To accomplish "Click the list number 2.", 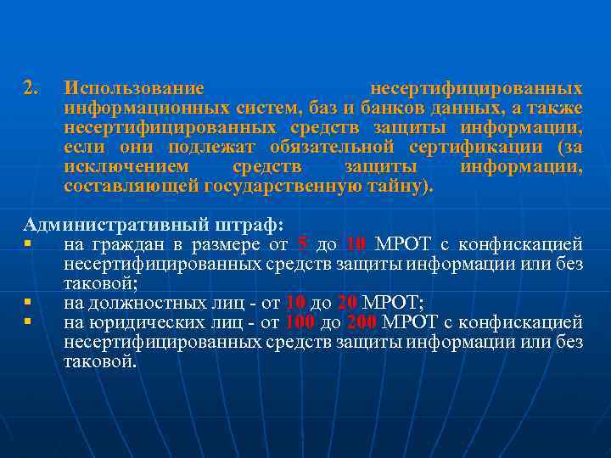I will coord(31,89).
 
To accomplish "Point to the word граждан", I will coord(125,245).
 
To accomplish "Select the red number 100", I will coord(300,322).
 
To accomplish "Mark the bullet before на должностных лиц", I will coord(28,303).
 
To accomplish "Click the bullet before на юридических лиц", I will coord(28,322).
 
